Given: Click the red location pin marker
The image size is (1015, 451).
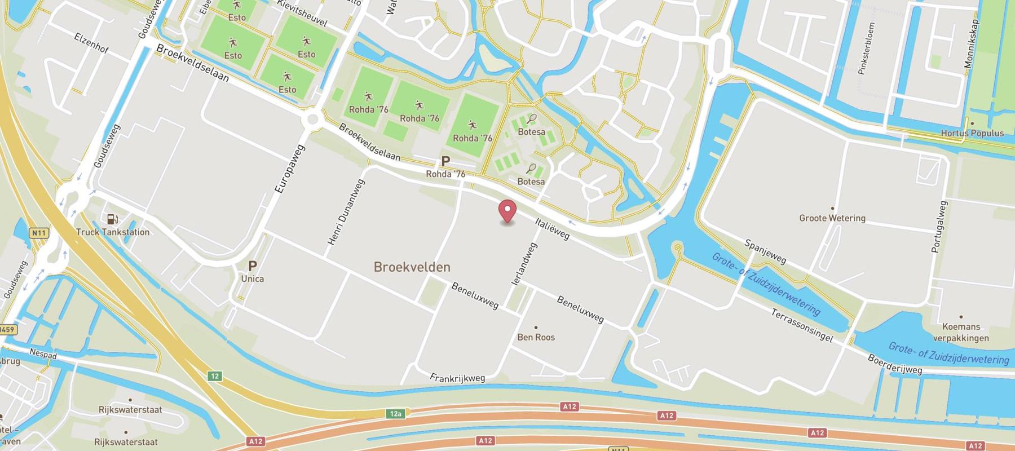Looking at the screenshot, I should (508, 211).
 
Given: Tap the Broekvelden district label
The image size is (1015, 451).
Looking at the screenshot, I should (412, 267).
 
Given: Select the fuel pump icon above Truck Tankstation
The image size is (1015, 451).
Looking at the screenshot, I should (112, 219).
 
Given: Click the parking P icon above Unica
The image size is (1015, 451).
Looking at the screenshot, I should (253, 266).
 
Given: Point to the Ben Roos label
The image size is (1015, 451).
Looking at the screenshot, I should (536, 337).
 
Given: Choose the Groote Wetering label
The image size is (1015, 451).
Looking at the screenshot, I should (832, 218).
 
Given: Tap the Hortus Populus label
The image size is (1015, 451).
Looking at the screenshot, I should (972, 133).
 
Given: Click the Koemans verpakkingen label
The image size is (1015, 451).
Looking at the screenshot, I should (961, 332).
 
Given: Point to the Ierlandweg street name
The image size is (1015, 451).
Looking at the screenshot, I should (524, 264).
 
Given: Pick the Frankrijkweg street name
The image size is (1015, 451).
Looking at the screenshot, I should (457, 378).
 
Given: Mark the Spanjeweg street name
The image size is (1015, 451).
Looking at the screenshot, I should (765, 251).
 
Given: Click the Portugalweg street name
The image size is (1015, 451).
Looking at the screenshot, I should (940, 227).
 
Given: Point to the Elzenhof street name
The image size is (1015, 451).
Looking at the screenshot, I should (91, 43).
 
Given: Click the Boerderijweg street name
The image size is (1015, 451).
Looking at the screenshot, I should (894, 364).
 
